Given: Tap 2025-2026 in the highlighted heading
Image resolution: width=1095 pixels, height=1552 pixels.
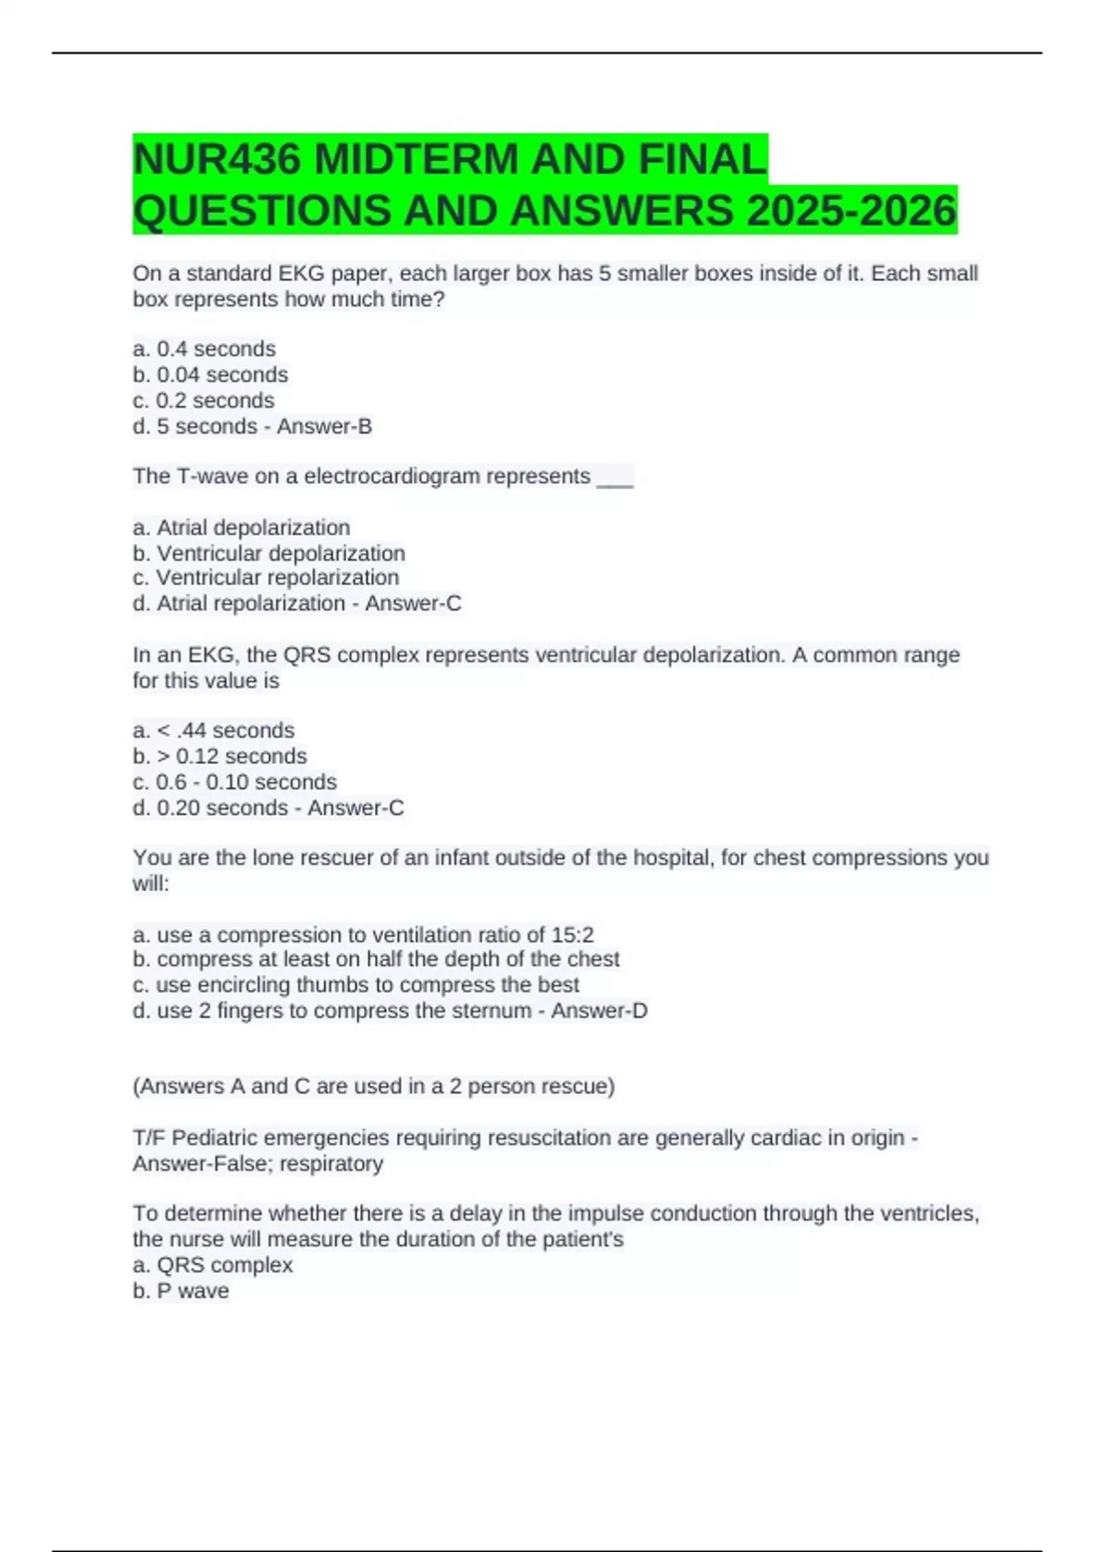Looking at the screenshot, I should click(850, 211).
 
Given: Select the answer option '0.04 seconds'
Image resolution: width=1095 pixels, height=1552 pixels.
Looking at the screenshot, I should click(222, 374).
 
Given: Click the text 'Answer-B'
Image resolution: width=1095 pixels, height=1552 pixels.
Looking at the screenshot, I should click(324, 426).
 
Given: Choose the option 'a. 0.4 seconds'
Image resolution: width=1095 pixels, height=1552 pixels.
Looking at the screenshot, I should click(204, 349).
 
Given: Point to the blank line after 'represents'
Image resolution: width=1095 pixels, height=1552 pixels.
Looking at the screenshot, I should click(614, 477).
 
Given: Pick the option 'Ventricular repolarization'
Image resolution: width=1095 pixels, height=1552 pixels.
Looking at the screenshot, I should click(277, 578).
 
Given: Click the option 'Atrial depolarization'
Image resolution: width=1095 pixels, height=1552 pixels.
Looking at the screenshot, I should click(253, 528).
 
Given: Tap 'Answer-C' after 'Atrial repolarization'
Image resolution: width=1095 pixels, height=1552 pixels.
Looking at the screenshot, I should click(413, 603).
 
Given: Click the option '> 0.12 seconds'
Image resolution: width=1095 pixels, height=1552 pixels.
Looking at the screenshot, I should click(231, 756).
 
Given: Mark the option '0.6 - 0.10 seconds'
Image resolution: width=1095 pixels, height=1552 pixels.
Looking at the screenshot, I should click(245, 781).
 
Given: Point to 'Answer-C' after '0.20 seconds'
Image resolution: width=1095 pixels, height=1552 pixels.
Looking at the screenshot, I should click(355, 808).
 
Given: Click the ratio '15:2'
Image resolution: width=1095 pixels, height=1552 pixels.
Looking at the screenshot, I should click(572, 935).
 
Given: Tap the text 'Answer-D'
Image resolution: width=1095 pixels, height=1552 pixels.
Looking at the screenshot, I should click(599, 1011).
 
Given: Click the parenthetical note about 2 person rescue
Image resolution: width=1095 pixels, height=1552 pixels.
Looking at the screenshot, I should click(374, 1086).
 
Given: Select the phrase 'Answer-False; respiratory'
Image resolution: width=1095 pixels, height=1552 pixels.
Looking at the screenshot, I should click(258, 1164).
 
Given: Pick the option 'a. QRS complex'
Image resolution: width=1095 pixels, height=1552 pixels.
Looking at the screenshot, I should click(213, 1265).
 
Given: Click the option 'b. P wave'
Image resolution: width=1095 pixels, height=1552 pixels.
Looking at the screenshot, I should click(181, 1291).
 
